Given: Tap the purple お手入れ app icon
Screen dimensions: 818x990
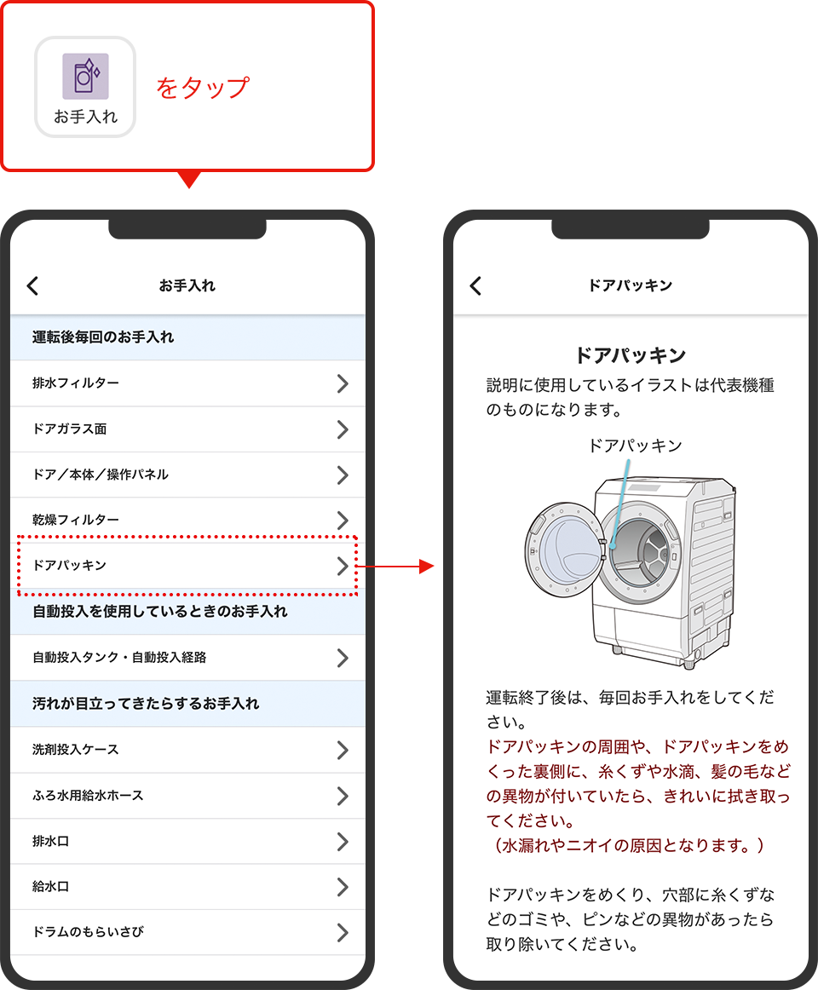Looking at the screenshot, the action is [85, 77].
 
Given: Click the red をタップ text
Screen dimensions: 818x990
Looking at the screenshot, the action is [203, 87].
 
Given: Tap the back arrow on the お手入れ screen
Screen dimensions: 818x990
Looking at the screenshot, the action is [33, 286].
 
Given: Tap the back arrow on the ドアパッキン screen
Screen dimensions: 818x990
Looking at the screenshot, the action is [475, 286].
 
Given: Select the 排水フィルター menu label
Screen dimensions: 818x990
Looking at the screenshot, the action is [76, 383].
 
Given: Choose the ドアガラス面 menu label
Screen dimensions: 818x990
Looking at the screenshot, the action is [70, 429].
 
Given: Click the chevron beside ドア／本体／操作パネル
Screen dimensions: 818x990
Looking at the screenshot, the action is [343, 475].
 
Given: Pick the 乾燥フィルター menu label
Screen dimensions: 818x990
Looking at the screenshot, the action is [76, 520].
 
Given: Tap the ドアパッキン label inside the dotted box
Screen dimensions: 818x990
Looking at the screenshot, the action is [70, 565].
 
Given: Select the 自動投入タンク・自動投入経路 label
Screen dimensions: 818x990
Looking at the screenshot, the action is [119, 657].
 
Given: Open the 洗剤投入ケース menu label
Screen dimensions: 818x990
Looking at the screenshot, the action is [76, 750].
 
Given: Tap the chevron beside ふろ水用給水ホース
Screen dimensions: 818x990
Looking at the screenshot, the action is [343, 796].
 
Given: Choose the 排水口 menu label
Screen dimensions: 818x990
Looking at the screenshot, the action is [50, 841].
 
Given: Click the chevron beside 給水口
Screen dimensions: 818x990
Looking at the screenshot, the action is [343, 887].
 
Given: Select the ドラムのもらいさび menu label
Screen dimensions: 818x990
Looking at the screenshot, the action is [89, 932].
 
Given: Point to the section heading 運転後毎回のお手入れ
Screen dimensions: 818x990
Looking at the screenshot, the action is [103, 337].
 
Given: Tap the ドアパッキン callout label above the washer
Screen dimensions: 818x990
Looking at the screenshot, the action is [635, 446].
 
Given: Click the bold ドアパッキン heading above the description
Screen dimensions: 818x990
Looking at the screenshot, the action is [631, 355].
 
